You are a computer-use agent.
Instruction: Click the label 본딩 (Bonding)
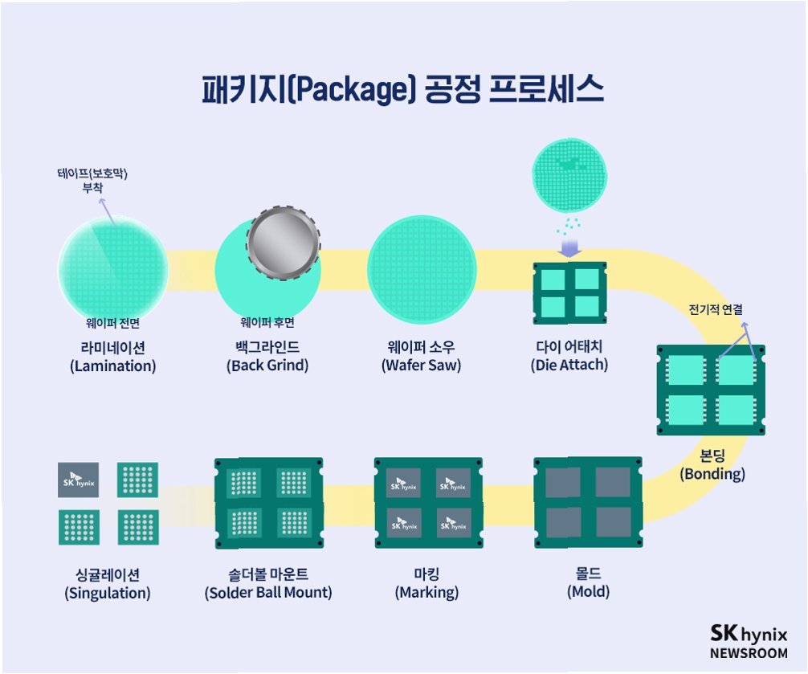712,465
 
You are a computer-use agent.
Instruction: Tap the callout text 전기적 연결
716,308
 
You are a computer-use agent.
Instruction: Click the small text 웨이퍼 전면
112,323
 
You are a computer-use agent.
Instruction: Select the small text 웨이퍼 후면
267,323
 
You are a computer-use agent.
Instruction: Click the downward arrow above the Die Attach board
570,246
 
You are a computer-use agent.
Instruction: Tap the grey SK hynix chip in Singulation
79,480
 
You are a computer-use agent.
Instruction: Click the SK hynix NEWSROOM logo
749,641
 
